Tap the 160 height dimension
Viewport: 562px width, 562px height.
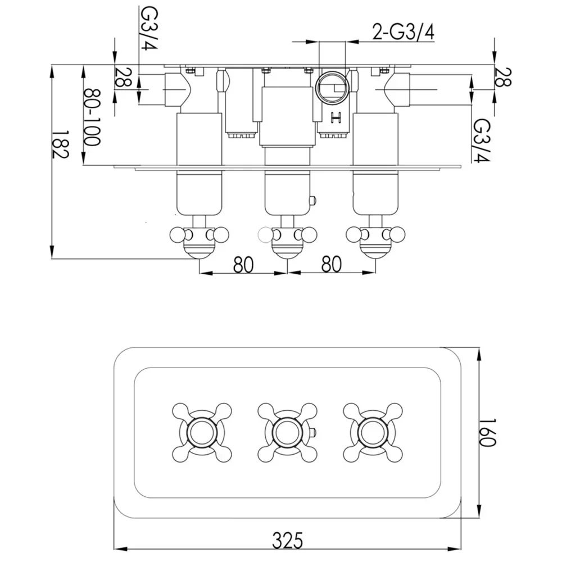point(487,432)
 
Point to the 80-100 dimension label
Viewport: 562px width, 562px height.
point(92,118)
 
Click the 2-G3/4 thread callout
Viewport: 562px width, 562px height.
point(403,31)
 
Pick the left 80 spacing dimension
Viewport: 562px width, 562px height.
point(243,265)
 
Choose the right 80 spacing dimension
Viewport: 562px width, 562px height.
point(332,265)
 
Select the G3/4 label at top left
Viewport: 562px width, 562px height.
point(149,28)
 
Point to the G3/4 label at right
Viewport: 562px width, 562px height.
point(482,140)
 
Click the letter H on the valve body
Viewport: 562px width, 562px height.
point(336,117)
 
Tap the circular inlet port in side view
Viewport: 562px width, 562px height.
point(332,88)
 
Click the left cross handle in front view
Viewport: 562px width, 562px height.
point(202,433)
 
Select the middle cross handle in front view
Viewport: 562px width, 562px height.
point(287,433)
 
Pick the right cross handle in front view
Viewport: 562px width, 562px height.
point(373,433)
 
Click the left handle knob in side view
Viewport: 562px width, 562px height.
point(200,242)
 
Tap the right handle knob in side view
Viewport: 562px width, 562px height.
point(375,242)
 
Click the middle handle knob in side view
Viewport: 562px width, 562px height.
point(287,242)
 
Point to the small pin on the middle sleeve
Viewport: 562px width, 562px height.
point(313,200)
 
